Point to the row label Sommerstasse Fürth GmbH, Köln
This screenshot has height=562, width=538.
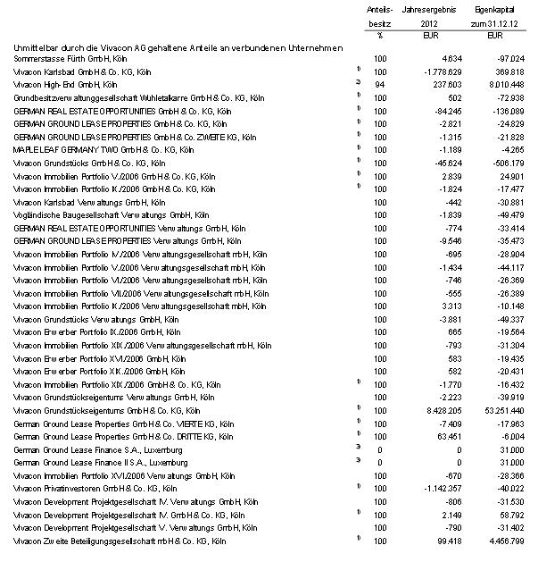click(x=62, y=57)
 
